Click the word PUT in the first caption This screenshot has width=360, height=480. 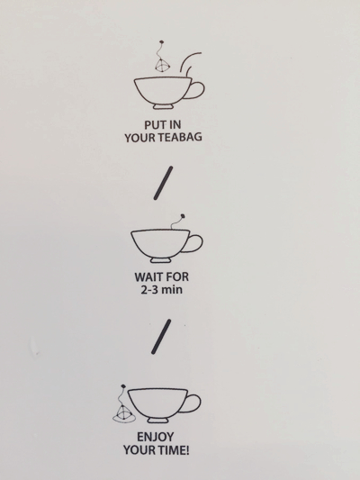[154, 125]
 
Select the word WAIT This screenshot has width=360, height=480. [149, 277]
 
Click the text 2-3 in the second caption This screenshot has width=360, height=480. [149, 289]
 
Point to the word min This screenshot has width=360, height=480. [172, 290]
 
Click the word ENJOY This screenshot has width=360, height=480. [155, 437]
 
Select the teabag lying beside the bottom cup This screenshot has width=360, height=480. [123, 412]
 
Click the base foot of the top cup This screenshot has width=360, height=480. [163, 106]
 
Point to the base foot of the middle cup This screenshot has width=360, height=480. [160, 260]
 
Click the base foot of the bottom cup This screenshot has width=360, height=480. [157, 421]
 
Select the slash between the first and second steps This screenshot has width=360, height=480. [163, 183]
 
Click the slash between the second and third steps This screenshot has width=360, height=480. [161, 337]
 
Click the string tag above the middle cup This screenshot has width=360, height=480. [177, 222]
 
